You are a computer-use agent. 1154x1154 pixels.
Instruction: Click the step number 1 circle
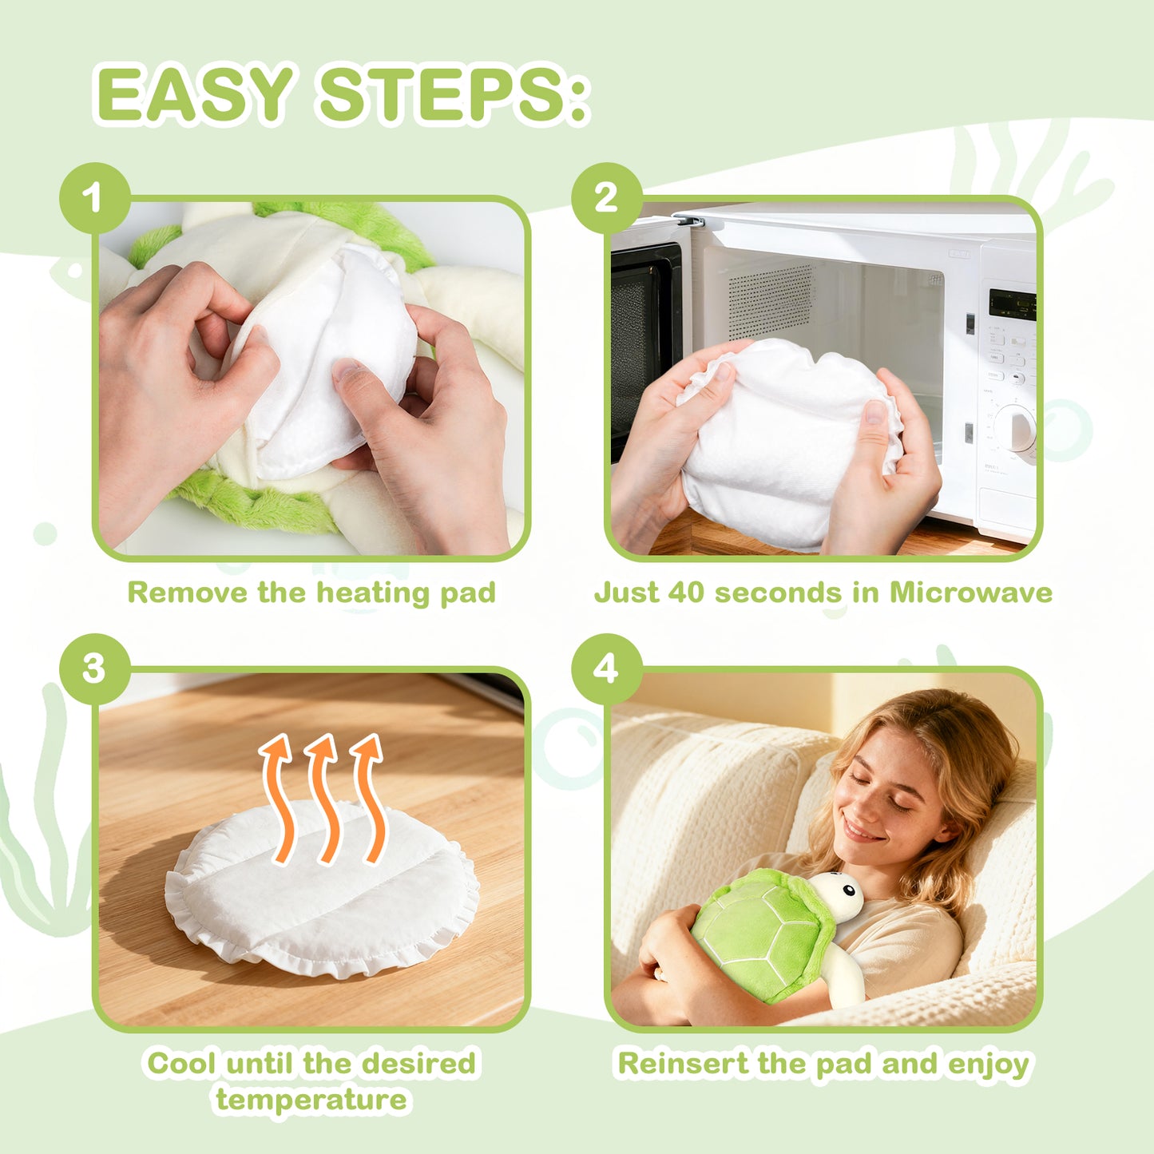coord(94,198)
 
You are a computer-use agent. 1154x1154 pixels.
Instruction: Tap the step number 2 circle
coord(606,198)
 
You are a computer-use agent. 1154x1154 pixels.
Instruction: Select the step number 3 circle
coord(94,668)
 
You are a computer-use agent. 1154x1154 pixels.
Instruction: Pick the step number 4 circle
coord(606,668)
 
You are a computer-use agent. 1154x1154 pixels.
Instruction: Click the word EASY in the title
coord(195,95)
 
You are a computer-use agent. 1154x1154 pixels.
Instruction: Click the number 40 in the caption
coord(687,593)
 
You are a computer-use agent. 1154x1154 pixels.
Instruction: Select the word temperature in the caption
coord(311,1100)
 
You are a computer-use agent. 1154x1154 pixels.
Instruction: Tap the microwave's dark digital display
coord(1012,304)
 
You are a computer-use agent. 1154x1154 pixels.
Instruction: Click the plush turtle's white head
coord(840,895)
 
